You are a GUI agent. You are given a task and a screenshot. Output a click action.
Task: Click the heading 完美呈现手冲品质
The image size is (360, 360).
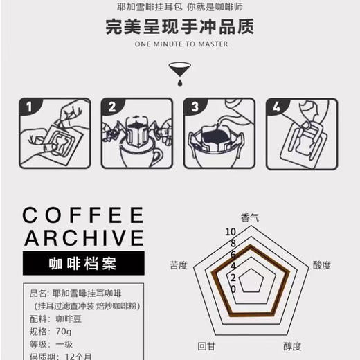(x=180, y=27)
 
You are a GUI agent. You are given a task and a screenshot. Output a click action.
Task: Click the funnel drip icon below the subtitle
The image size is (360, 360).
(x=179, y=71)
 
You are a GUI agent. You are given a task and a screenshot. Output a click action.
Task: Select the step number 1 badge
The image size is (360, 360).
(x=28, y=107)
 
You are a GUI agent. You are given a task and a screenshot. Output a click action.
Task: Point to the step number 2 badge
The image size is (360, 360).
(x=111, y=107)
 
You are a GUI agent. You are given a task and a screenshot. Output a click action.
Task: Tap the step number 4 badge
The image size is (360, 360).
(x=278, y=107)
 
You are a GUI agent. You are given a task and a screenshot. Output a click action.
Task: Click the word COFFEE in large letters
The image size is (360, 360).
(x=83, y=215)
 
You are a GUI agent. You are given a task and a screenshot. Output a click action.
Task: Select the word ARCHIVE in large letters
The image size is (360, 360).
(x=83, y=238)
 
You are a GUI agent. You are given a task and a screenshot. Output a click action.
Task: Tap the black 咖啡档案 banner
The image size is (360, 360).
(x=83, y=264)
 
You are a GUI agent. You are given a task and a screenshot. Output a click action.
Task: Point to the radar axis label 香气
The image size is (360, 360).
(x=250, y=216)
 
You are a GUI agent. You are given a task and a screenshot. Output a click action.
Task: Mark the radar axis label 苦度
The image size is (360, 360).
(x=178, y=265)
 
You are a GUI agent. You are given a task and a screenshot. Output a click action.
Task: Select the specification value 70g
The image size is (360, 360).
(x=63, y=332)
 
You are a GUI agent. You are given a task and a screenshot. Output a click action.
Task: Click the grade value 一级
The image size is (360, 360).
(x=63, y=344)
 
